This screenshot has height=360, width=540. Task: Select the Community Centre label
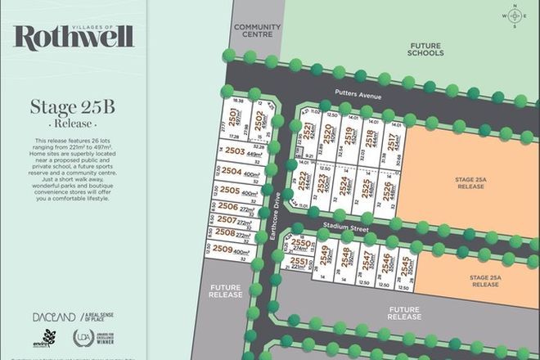[x=257, y=30]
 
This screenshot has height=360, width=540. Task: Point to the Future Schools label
[x=425, y=48]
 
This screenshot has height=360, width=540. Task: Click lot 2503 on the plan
[x=242, y=152]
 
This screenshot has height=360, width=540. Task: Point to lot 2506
[x=236, y=209]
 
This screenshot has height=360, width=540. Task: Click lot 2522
[x=304, y=182]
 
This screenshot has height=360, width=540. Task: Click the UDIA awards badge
[x=85, y=338]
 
